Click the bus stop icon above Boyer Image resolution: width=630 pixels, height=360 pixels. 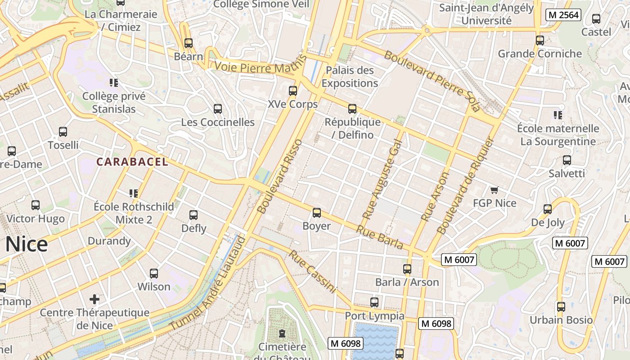(317, 213)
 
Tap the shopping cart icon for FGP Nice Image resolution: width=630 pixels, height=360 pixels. (495, 190)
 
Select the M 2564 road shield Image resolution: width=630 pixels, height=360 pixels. (563, 15)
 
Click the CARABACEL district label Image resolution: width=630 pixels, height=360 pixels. (132, 162)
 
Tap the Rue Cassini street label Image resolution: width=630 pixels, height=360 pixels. (312, 271)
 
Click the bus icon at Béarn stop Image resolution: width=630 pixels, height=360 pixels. (189, 43)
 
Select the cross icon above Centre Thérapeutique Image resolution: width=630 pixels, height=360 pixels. (94, 299)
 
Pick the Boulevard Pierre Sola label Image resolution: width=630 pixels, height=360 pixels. (432, 81)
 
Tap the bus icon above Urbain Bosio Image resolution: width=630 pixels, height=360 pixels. (561, 307)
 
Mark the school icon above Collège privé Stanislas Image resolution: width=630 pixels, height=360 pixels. (114, 83)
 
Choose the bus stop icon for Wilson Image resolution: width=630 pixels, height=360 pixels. (154, 274)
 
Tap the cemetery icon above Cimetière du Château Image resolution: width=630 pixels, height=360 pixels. (282, 333)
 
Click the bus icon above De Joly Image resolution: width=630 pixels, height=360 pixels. (548, 209)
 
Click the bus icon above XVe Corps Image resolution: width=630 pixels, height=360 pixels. (293, 91)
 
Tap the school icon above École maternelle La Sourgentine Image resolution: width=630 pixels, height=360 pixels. (558, 115)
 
